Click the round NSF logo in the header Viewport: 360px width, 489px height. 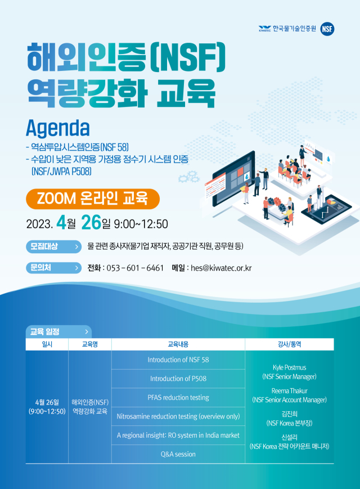(x=327, y=29)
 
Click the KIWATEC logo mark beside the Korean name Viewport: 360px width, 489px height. (x=264, y=29)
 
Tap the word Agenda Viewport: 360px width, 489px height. (x=58, y=128)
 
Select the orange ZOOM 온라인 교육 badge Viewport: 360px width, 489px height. (x=93, y=199)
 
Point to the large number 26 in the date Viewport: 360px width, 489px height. (x=91, y=223)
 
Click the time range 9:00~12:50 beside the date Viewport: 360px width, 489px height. (x=141, y=224)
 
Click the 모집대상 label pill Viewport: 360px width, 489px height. (x=53, y=246)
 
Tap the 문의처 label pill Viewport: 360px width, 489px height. (x=53, y=268)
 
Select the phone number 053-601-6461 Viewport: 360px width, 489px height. (x=135, y=268)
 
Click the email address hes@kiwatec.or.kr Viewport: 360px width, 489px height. (x=221, y=268)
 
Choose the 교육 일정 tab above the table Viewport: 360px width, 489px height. (x=58, y=332)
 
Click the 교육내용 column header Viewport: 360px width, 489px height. (x=178, y=344)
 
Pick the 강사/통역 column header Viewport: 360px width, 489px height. (x=289, y=344)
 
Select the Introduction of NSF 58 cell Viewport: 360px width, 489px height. (x=178, y=360)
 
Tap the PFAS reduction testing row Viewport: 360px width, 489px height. (x=178, y=398)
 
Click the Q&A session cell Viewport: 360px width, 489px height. (x=178, y=454)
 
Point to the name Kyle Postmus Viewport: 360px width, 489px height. (x=289, y=367)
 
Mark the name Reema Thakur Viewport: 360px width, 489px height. (x=289, y=391)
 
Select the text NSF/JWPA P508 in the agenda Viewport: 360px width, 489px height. (x=61, y=171)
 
